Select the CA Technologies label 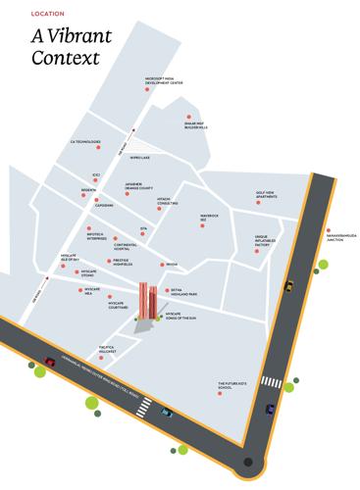pos(85,141)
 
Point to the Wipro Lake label pos(139,157)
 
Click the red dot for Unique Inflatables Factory pos(257,251)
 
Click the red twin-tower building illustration pos(148,299)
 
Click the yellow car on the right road pos(288,286)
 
